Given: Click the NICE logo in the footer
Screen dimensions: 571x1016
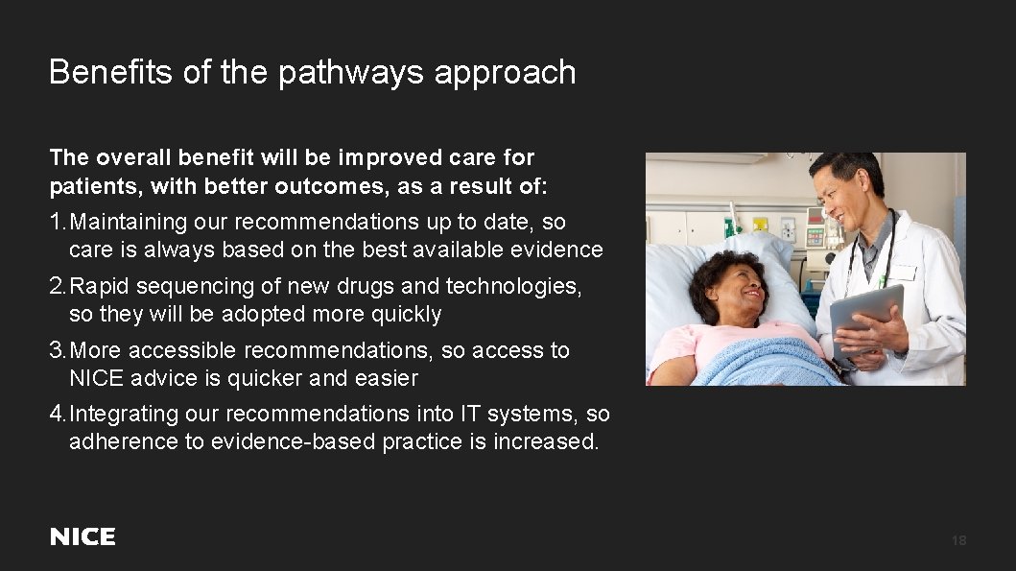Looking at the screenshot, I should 83,537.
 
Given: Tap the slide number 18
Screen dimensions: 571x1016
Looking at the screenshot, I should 958,541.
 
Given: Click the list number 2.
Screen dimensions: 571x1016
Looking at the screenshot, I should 57,286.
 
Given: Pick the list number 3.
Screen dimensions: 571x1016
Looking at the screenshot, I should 57,350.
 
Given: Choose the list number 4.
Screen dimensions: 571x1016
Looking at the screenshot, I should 57,414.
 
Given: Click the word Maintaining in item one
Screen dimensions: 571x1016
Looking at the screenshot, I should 129,222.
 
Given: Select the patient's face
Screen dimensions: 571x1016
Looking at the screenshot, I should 735,290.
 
